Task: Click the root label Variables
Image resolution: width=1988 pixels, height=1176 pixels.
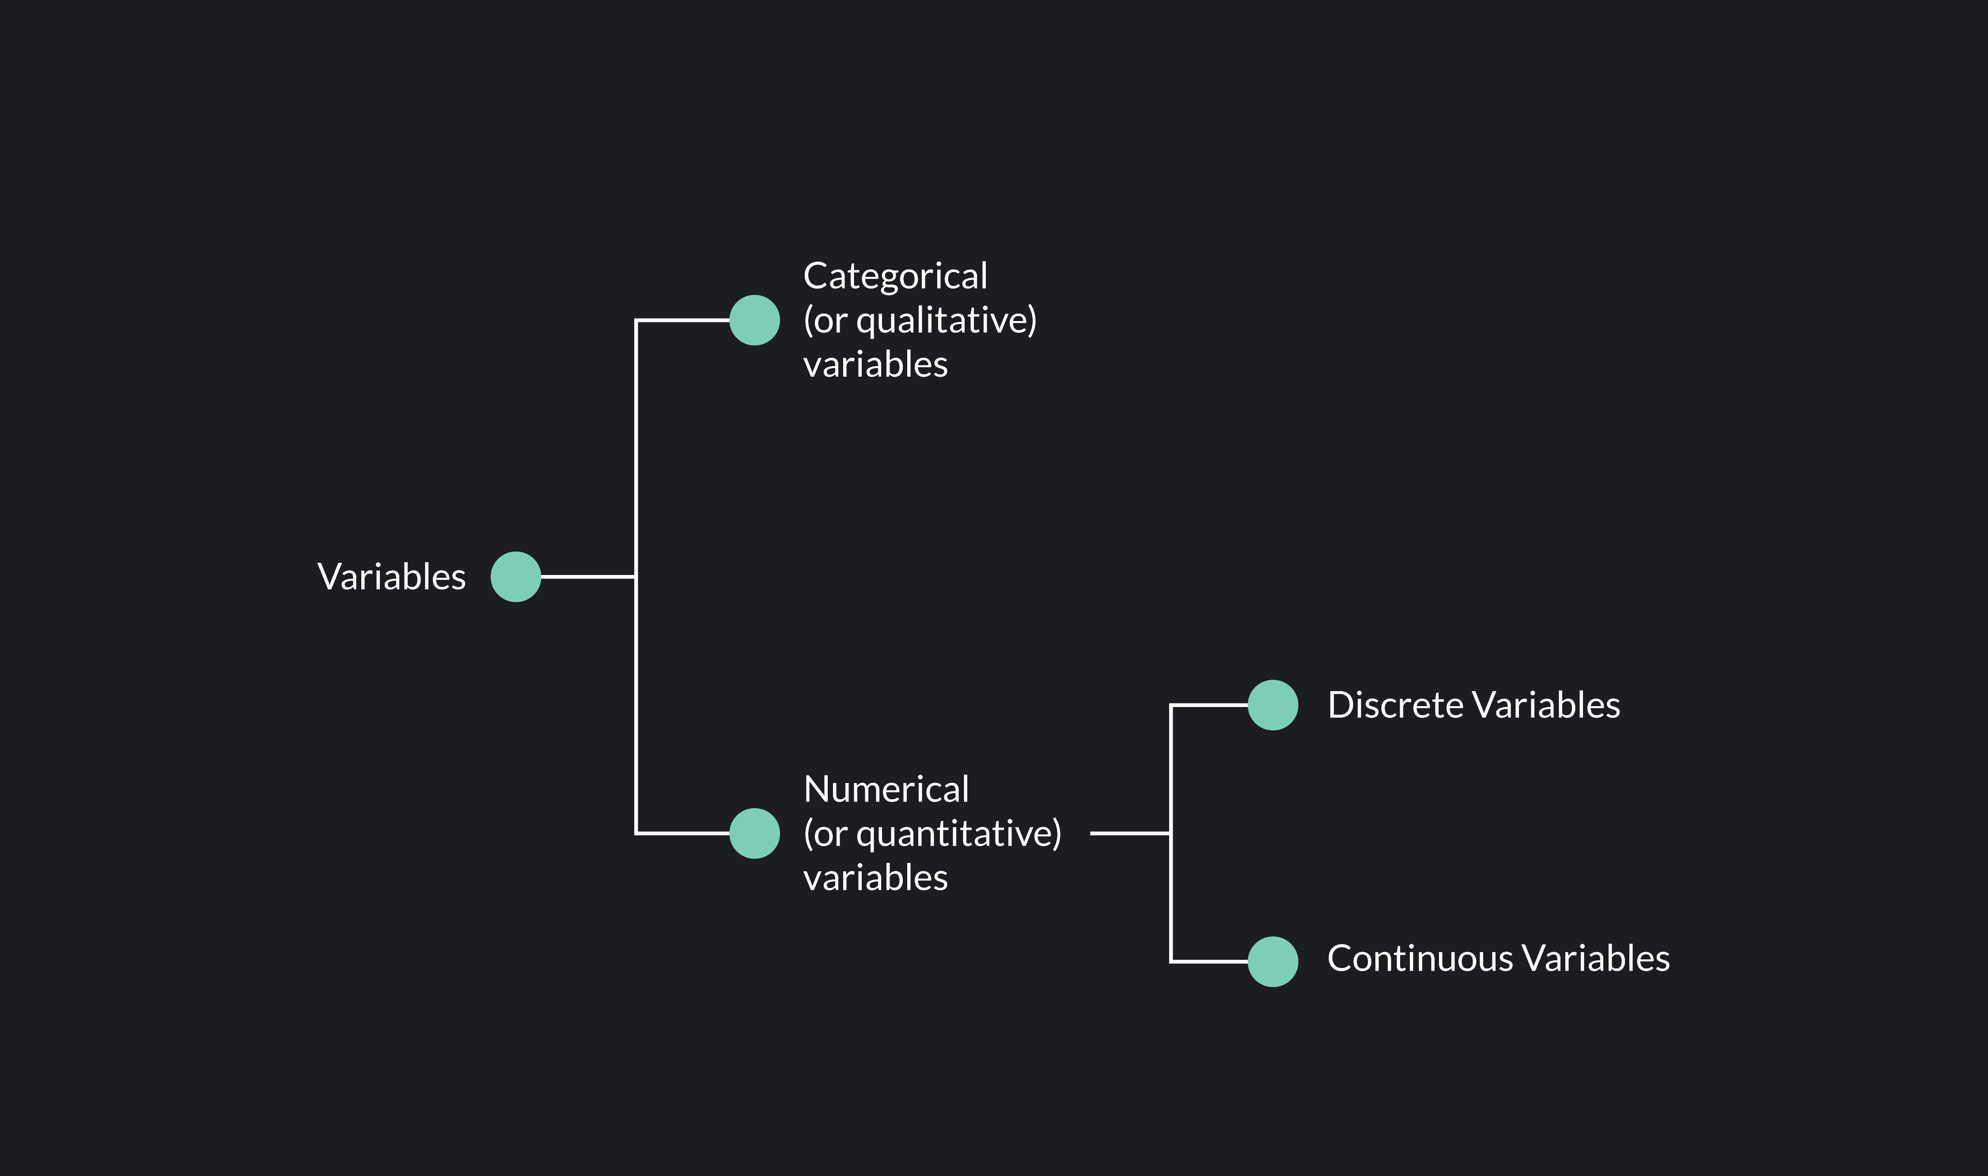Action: click(x=391, y=577)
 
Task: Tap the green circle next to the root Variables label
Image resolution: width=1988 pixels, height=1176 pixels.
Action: click(x=516, y=577)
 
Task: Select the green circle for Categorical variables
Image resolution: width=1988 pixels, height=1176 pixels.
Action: click(x=754, y=320)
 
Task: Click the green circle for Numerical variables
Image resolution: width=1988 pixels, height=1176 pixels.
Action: click(x=754, y=834)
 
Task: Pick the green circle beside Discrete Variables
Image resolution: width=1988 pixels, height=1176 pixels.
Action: click(x=1272, y=705)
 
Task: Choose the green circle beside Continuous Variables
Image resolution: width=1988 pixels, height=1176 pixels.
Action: click(x=1272, y=962)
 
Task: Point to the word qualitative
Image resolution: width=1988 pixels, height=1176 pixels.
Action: click(x=943, y=321)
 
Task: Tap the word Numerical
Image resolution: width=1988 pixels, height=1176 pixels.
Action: click(x=886, y=789)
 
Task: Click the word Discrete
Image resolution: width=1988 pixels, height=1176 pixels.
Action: click(x=1394, y=705)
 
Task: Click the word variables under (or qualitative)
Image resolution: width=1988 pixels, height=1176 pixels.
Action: click(x=875, y=364)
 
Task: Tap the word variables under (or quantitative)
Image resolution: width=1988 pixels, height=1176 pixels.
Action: click(x=875, y=878)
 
